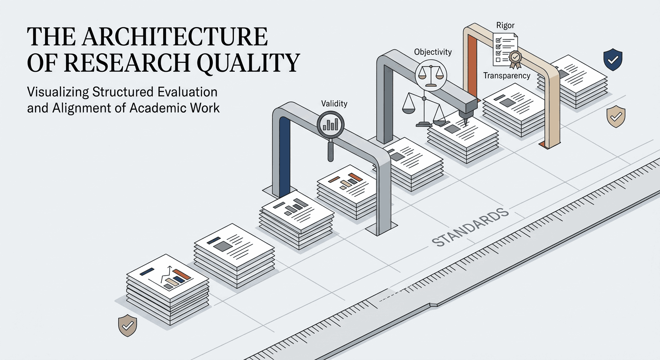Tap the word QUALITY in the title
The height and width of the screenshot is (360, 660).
(x=248, y=63)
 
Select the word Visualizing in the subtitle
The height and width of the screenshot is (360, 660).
(x=58, y=92)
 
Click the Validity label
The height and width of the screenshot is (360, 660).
(x=334, y=104)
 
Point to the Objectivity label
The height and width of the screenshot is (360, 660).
(x=433, y=52)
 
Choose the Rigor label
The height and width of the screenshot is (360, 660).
(x=505, y=25)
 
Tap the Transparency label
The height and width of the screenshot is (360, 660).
(x=507, y=76)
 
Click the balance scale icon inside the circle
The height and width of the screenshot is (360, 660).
(x=431, y=75)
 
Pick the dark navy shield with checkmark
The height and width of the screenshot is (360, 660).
(x=613, y=60)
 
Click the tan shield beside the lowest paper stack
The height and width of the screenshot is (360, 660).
(x=127, y=325)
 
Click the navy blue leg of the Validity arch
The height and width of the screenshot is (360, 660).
(x=284, y=157)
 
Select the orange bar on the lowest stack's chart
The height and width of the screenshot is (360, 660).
(x=182, y=274)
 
